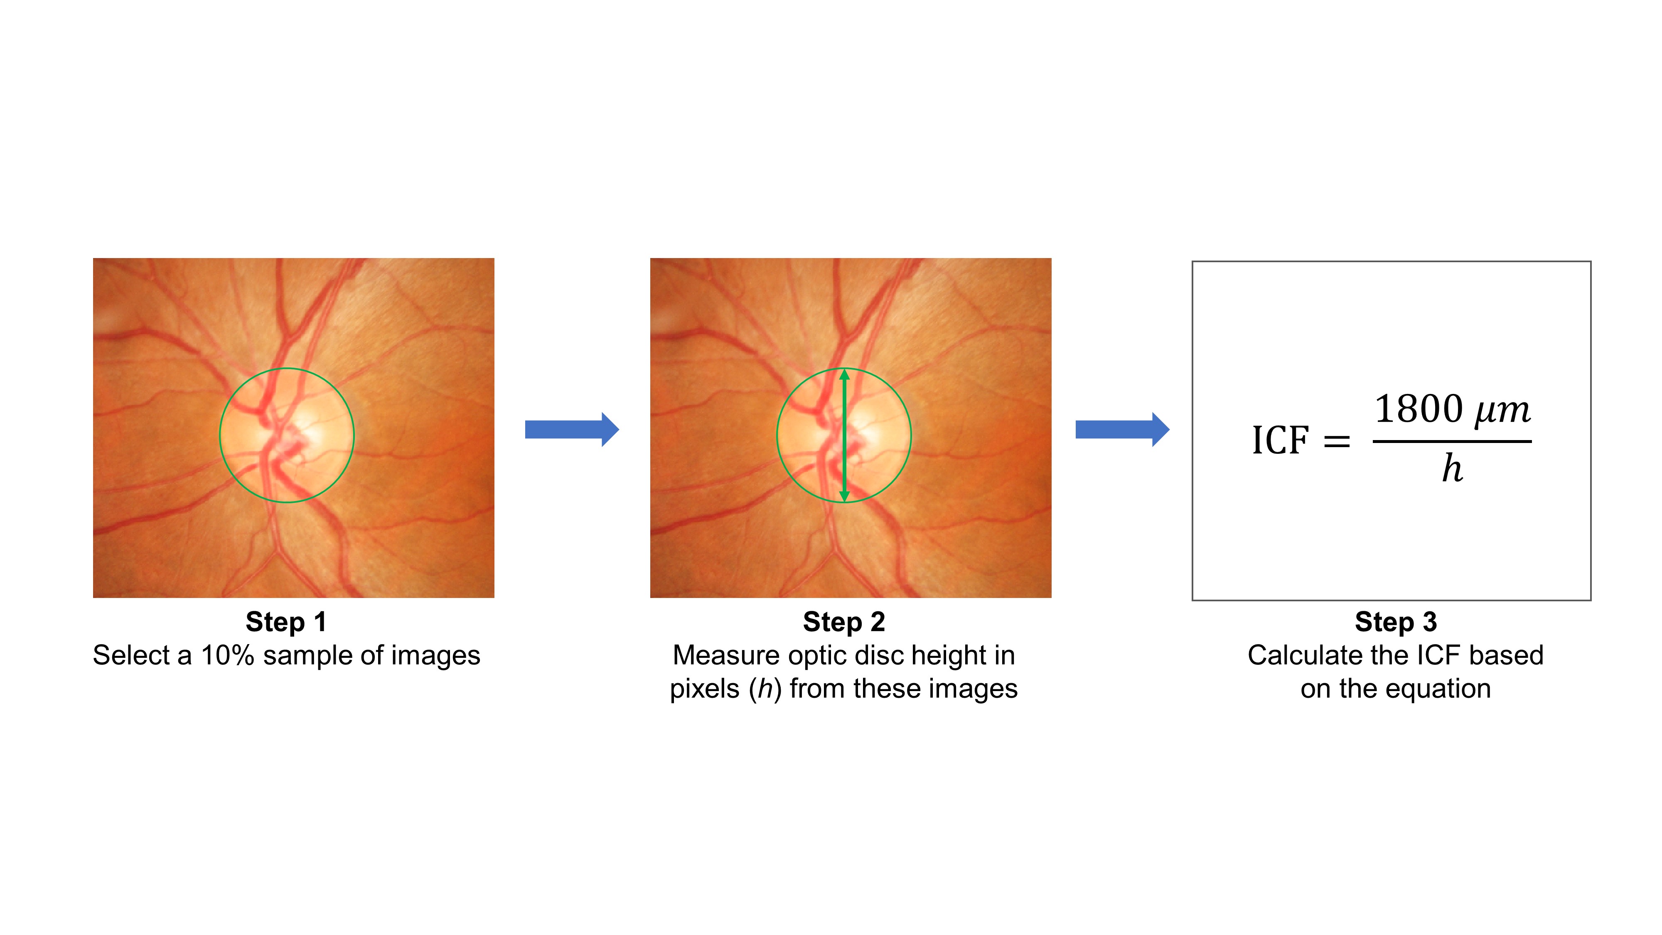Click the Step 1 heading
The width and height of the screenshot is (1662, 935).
coord(286,622)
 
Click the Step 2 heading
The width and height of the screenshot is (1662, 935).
coord(843,622)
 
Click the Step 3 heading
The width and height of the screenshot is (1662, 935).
coord(1396,622)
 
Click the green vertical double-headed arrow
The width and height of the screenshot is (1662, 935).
coord(844,436)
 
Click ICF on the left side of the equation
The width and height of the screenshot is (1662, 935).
coord(1280,441)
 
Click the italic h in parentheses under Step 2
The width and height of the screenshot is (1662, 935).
coord(765,689)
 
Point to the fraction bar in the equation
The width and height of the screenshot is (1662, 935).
coord(1452,441)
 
